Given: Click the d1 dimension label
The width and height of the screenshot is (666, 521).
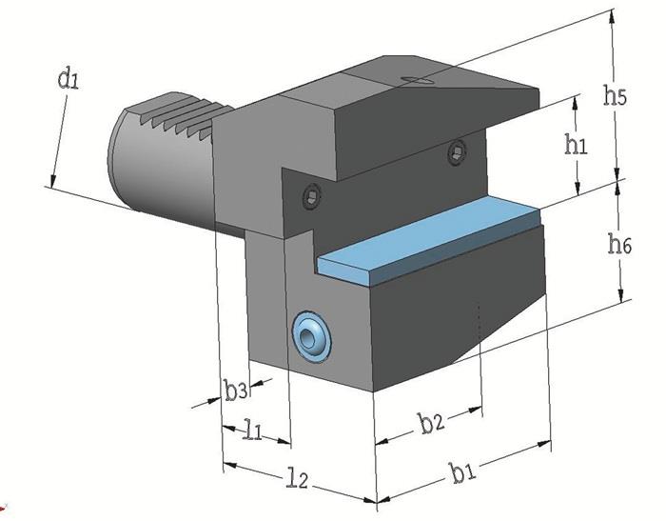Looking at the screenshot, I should pos(67,80).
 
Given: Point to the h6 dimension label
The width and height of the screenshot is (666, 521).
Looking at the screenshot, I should pos(620,245).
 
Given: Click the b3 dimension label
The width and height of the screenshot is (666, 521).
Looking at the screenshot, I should pos(237,390).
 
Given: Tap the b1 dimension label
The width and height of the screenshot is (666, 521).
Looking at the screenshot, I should pos(464,471).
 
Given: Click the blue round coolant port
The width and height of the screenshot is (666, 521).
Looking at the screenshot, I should pos(311,335).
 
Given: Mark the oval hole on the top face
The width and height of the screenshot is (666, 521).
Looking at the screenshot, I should pos(416,82).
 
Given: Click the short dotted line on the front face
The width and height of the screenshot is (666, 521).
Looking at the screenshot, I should pos(482,318).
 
